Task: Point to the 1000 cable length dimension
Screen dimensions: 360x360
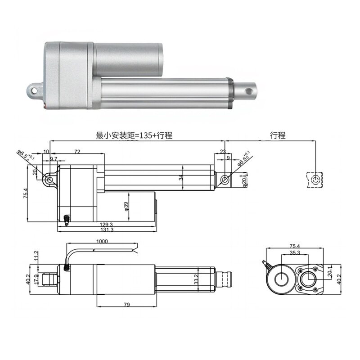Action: [102, 242]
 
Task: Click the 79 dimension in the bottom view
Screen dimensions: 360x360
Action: [126, 305]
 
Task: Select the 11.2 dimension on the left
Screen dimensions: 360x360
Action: [36, 256]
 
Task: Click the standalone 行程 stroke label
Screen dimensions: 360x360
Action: [278, 135]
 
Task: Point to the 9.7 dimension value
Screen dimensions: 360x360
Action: [53, 159]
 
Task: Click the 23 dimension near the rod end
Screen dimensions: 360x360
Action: [222, 152]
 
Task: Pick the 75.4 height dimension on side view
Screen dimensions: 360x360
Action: [26, 194]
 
